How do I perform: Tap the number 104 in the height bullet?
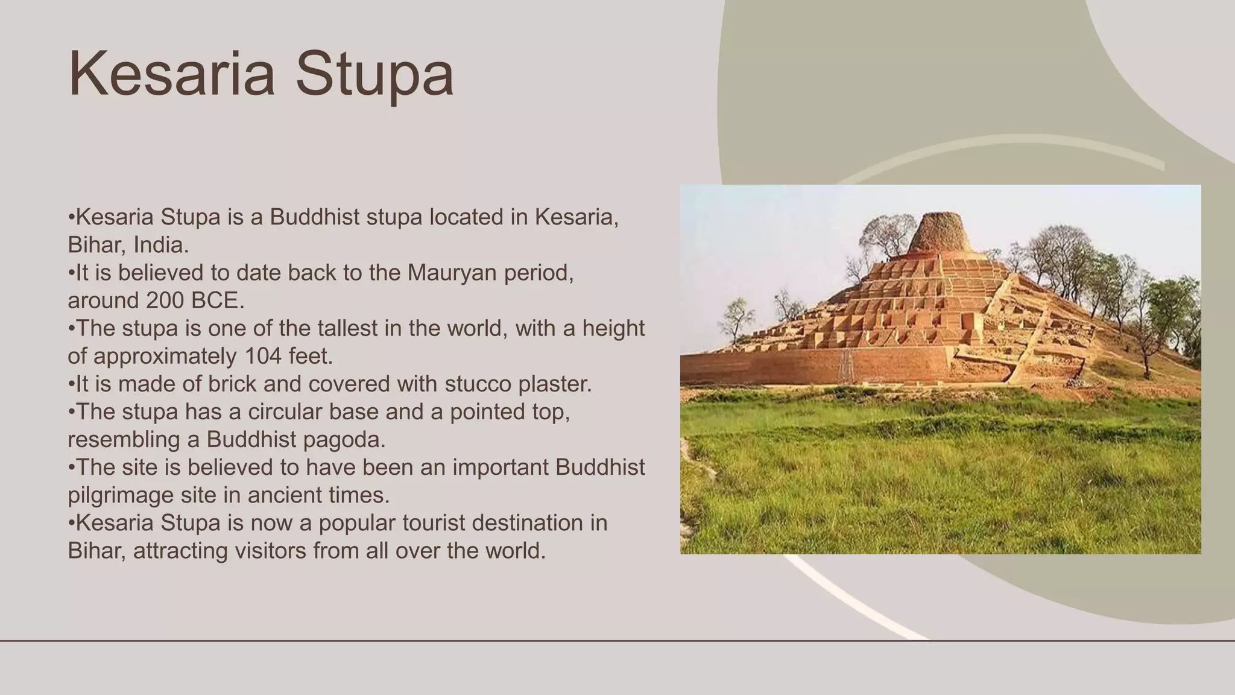click(x=264, y=357)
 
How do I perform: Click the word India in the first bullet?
click(x=160, y=245)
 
